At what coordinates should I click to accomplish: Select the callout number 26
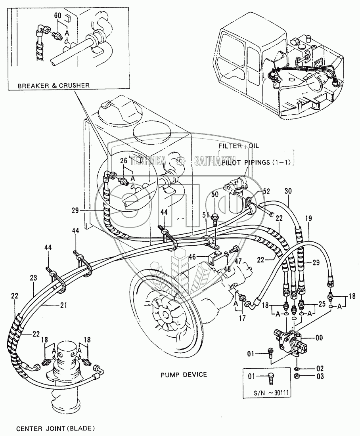pyautogui.click(x=123, y=161)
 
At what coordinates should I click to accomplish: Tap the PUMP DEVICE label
pyautogui.click(x=184, y=374)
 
